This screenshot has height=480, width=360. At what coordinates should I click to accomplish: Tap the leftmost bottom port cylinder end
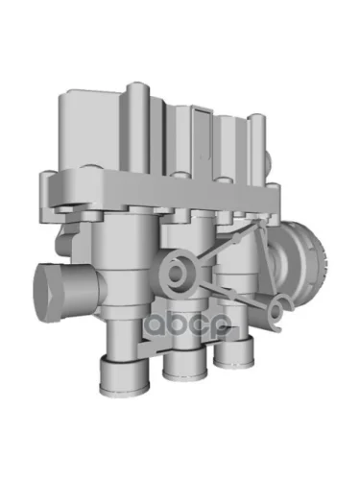tap(124, 375)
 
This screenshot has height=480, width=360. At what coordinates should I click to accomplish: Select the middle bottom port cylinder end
tap(184, 364)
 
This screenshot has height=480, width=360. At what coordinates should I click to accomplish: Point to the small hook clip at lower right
tap(279, 312)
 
